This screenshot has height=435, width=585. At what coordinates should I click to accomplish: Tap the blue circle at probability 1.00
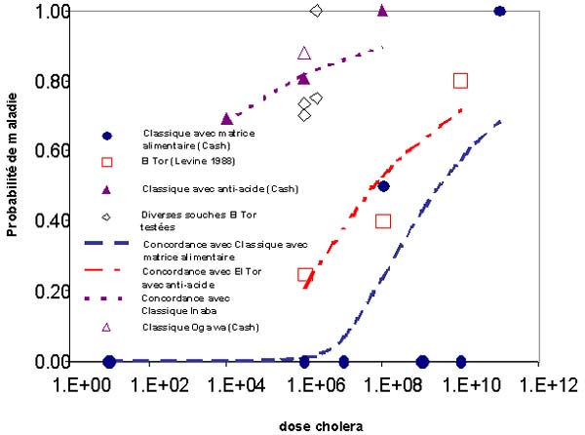point(499,12)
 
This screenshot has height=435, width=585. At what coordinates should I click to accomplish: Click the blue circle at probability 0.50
point(384,186)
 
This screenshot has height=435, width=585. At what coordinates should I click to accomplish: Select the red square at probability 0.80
point(460,81)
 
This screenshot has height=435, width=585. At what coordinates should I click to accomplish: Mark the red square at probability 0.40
point(383,221)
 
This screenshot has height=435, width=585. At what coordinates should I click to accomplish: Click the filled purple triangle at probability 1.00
point(382,12)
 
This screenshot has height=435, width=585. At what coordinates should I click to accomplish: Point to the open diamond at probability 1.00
point(316,11)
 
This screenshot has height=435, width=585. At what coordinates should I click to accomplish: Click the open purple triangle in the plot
point(304,53)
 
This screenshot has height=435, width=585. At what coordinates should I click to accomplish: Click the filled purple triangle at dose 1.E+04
point(227,119)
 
